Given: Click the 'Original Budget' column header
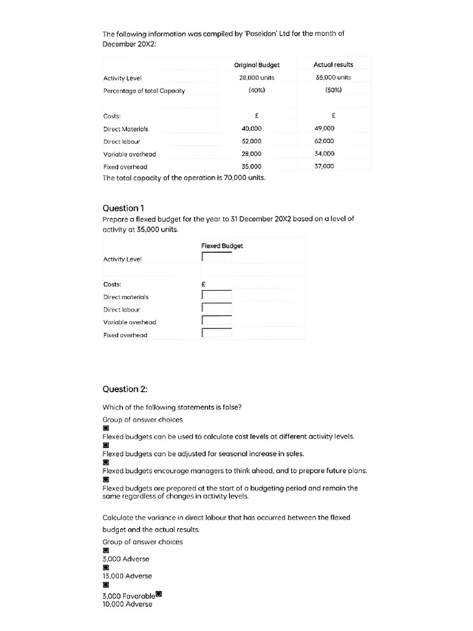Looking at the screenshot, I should coord(256,65).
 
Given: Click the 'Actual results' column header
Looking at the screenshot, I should coord(333,65).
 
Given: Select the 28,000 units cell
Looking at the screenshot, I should coord(256,78).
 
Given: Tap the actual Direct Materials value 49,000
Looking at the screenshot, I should coord(324,128).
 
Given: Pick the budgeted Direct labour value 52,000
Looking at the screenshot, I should coord(251,141).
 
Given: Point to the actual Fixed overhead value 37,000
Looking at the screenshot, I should coord(324,166).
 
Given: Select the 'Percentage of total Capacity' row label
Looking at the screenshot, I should coord(144,91).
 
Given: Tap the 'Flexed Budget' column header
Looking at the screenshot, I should coord(222,246).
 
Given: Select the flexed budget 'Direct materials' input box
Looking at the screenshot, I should coord(217,296).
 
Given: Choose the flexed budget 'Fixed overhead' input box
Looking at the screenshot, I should coord(217,333).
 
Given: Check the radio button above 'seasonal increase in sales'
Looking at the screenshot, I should coord(105,444).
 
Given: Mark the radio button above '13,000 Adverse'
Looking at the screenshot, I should coord(105,568).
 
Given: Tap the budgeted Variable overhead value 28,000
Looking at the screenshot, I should coord(251,154).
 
